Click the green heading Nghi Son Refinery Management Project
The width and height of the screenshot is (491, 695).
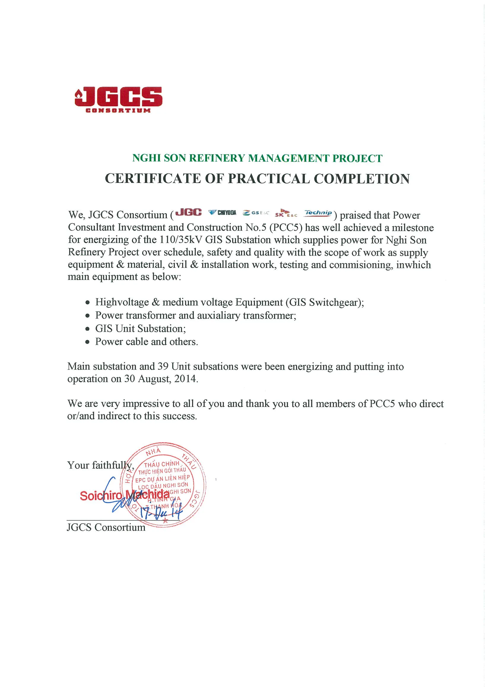[257, 158]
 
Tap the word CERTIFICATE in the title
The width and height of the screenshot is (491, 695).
[153, 179]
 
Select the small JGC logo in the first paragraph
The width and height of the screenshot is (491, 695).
[189, 212]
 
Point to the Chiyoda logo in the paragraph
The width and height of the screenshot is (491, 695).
[222, 213]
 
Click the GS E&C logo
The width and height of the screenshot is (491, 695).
[256, 213]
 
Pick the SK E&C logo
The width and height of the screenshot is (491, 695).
[286, 214]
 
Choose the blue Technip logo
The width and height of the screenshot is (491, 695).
[318, 213]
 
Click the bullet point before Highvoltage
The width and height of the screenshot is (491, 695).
[88, 302]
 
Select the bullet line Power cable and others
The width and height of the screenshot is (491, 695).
[146, 342]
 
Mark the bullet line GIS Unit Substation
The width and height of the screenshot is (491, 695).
[140, 329]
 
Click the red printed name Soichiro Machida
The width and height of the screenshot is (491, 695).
[124, 495]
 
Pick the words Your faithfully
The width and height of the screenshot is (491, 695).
[100, 465]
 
